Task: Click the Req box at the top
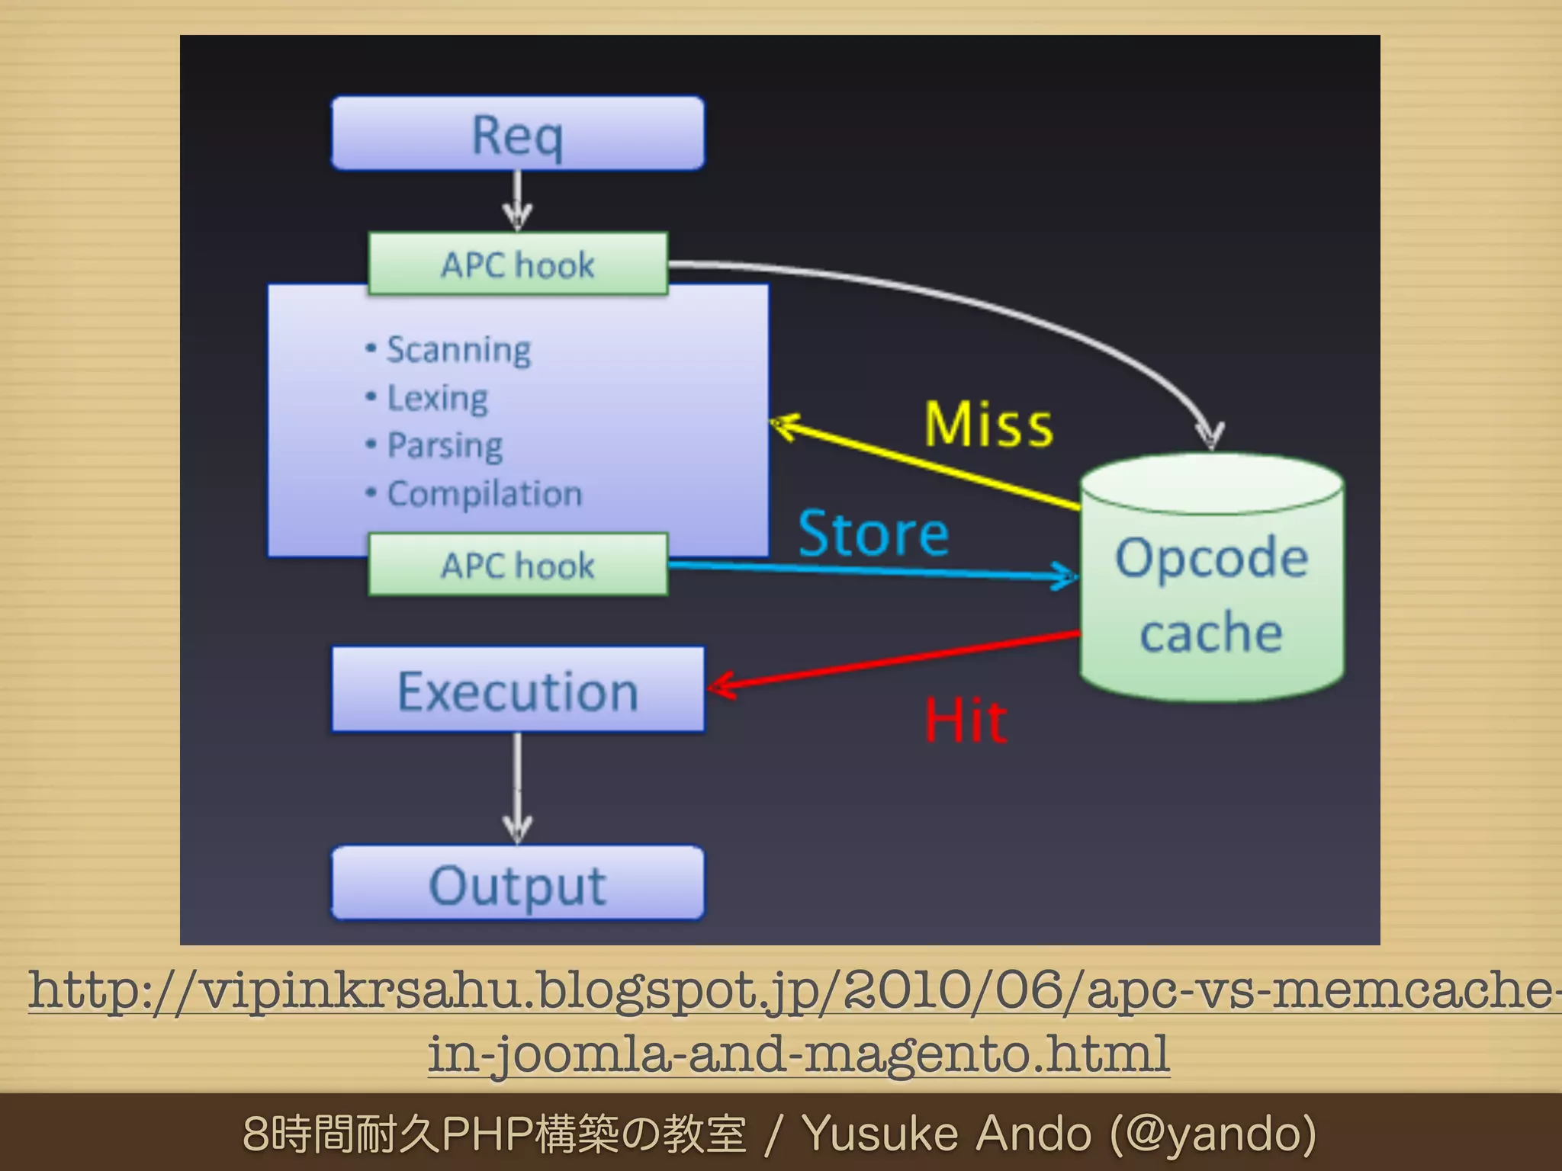518,134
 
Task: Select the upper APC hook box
518,265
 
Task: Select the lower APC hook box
518,565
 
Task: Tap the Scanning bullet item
458,350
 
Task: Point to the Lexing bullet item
437,398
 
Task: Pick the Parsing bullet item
445,445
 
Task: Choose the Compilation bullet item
484,494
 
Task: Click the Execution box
518,691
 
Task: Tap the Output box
518,884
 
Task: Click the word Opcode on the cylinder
1211,557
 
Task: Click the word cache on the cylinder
1211,633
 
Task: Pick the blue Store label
873,533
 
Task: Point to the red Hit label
966,720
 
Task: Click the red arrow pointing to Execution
892,660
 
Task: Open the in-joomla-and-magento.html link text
799,1054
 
